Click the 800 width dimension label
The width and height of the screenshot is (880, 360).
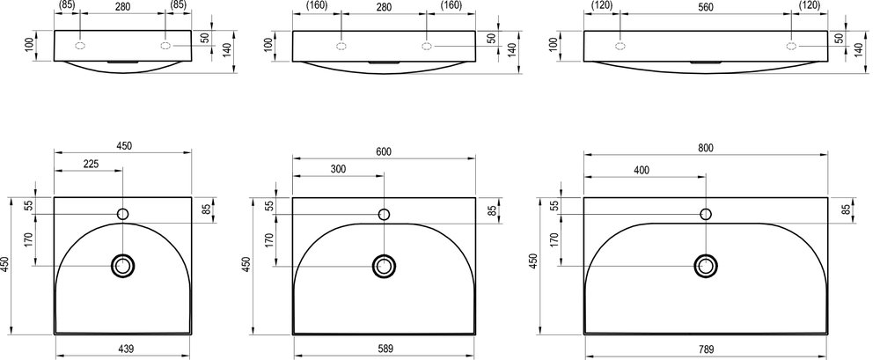coord(706,148)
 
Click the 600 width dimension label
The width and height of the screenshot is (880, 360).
coord(384,152)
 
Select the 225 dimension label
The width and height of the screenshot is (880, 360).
coord(91,164)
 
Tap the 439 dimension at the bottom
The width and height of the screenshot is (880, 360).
coord(125,349)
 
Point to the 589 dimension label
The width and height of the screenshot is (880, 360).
coord(385,349)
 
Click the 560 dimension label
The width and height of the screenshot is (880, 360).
coord(706,6)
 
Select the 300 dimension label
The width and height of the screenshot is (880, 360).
coord(339,169)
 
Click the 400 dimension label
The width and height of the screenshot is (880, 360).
coord(642,170)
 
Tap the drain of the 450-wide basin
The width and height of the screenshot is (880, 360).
coord(123,266)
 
